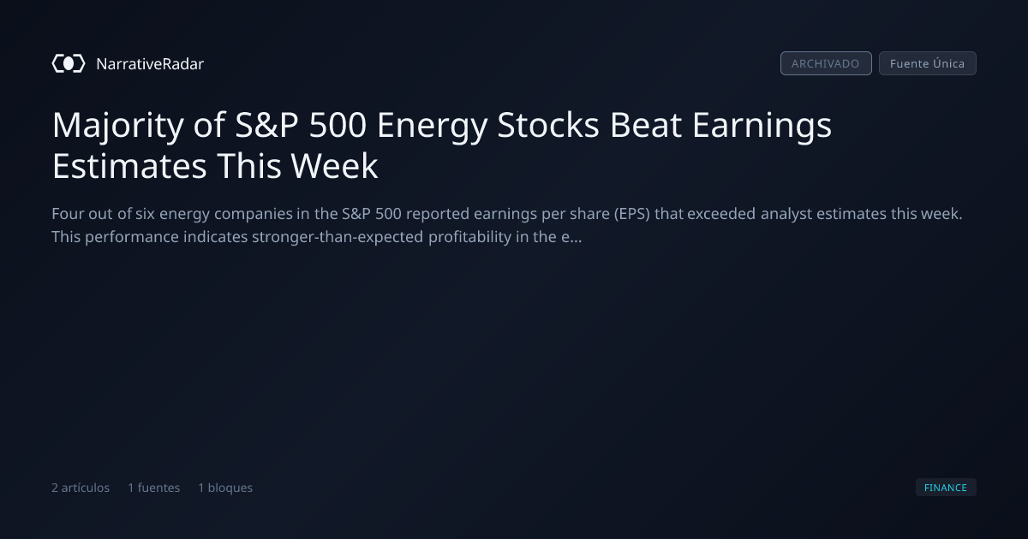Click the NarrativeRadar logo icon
point(69,63)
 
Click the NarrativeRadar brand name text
point(150,63)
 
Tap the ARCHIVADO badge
point(826,63)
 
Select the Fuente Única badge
point(928,63)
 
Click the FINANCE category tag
point(946,487)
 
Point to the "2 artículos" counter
point(81,488)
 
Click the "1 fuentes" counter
point(153,488)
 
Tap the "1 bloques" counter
point(225,488)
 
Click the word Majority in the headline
point(118,126)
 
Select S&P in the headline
point(266,125)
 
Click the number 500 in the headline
point(338,125)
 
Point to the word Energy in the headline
point(432,126)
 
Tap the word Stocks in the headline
point(548,125)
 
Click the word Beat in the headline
point(645,125)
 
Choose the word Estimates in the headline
point(129,166)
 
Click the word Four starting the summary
point(68,214)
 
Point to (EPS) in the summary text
point(632,214)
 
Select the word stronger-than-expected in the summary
point(338,238)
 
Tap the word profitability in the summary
point(469,238)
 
